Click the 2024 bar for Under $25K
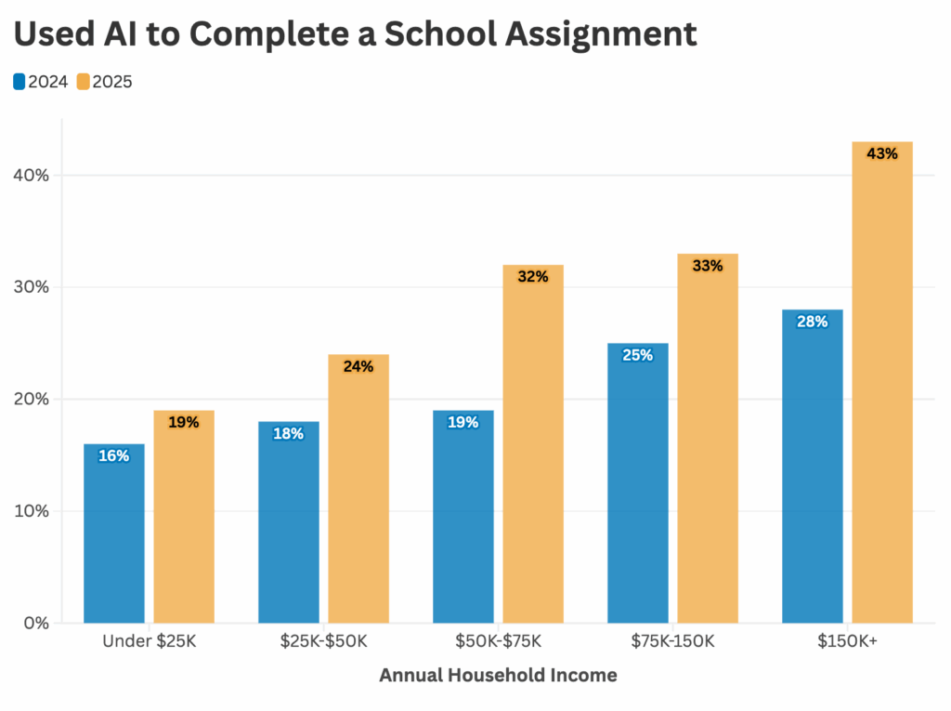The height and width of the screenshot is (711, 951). tap(114, 534)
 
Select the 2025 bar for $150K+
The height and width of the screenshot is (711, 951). tap(882, 382)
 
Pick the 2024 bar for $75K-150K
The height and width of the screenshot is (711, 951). tap(637, 483)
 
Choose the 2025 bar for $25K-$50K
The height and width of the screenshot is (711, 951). tap(358, 488)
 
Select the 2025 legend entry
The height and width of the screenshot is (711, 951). tap(105, 82)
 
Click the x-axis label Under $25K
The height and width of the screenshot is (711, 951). tap(150, 641)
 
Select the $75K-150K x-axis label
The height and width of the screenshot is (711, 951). tap(672, 641)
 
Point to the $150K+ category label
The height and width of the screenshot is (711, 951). tap(847, 641)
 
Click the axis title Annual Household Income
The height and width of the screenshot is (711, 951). tap(498, 676)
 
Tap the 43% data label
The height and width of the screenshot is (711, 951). tap(882, 153)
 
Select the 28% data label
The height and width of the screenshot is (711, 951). tap(812, 322)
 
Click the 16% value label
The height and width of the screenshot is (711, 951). tap(114, 455)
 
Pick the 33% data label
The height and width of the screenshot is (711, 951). tap(708, 266)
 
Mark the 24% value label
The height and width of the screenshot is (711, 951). tap(358, 366)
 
